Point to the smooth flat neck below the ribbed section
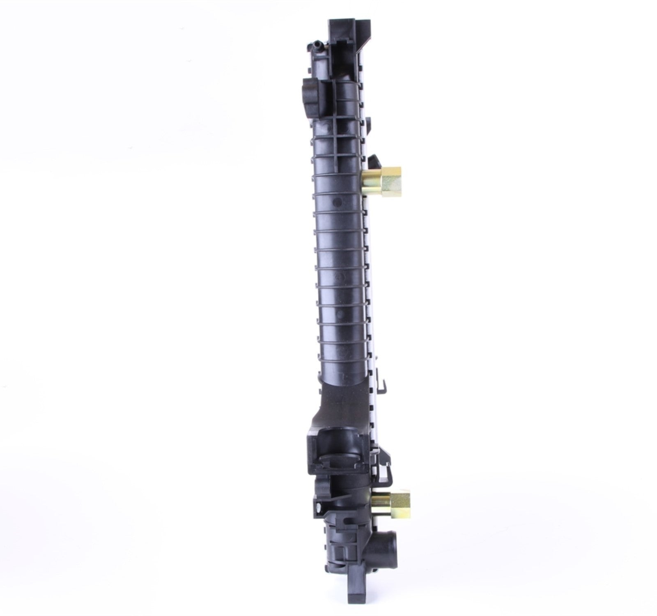tap(343, 405)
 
